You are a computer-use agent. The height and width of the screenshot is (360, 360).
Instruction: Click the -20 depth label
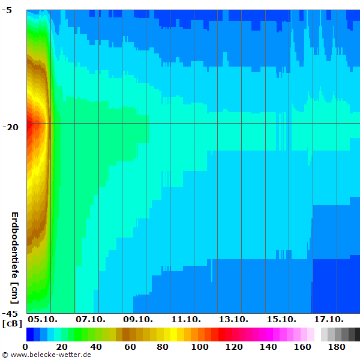(x=12, y=127)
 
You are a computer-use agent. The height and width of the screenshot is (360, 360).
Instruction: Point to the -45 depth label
(x=12, y=314)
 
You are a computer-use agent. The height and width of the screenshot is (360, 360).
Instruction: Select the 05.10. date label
(x=42, y=319)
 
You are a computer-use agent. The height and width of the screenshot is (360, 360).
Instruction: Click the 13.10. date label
(x=233, y=319)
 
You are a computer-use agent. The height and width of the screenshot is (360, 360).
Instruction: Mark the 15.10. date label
(x=281, y=319)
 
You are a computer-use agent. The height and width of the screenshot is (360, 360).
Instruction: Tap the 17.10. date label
(x=329, y=319)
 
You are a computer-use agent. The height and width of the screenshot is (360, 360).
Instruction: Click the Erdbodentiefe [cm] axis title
(x=15, y=257)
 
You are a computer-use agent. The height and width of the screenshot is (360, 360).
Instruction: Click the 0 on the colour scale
(x=25, y=347)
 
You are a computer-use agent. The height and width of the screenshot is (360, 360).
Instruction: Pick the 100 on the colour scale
(x=200, y=347)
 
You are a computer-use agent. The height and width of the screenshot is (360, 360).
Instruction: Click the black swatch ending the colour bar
(x=357, y=334)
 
